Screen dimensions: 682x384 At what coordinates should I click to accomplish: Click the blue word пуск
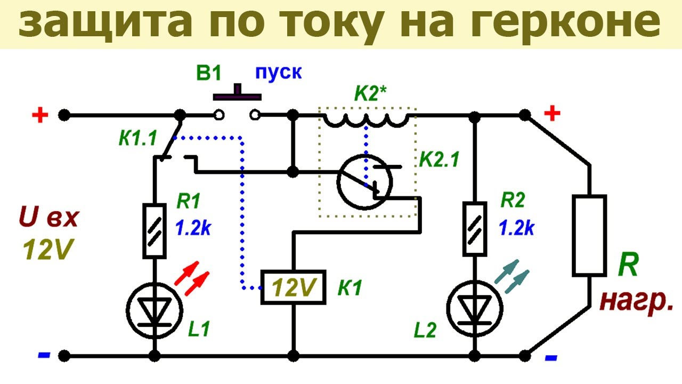pos(278,73)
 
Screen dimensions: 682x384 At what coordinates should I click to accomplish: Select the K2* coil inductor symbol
pos(366,121)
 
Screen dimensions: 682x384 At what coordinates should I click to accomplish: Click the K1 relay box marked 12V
pos(294,287)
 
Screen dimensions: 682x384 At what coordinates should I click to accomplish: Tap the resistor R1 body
pos(155,231)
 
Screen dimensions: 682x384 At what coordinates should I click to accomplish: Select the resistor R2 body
pos(475,229)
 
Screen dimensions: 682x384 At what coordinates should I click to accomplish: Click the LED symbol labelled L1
pos(155,310)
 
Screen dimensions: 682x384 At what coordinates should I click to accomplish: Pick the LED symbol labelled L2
pos(475,308)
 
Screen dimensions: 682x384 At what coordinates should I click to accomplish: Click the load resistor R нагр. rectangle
pos(589,236)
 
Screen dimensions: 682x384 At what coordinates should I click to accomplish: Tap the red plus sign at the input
pos(40,115)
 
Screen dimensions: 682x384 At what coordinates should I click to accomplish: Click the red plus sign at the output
pos(552,114)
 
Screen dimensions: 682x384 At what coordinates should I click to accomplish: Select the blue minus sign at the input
pos(44,355)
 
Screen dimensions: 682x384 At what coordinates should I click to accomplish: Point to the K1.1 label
pos(137,138)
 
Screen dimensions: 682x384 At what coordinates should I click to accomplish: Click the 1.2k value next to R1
pos(193,227)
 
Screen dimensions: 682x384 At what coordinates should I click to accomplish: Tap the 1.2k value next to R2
pos(517,227)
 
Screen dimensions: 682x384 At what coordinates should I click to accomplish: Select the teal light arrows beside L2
pos(512,276)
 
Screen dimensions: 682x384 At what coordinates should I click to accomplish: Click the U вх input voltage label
pos(48,217)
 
